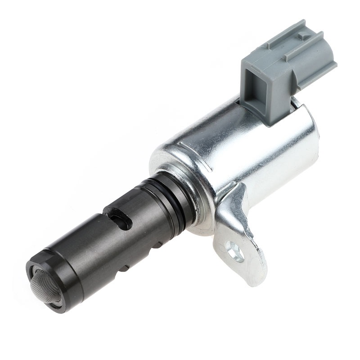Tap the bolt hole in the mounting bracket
click(x=235, y=252)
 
